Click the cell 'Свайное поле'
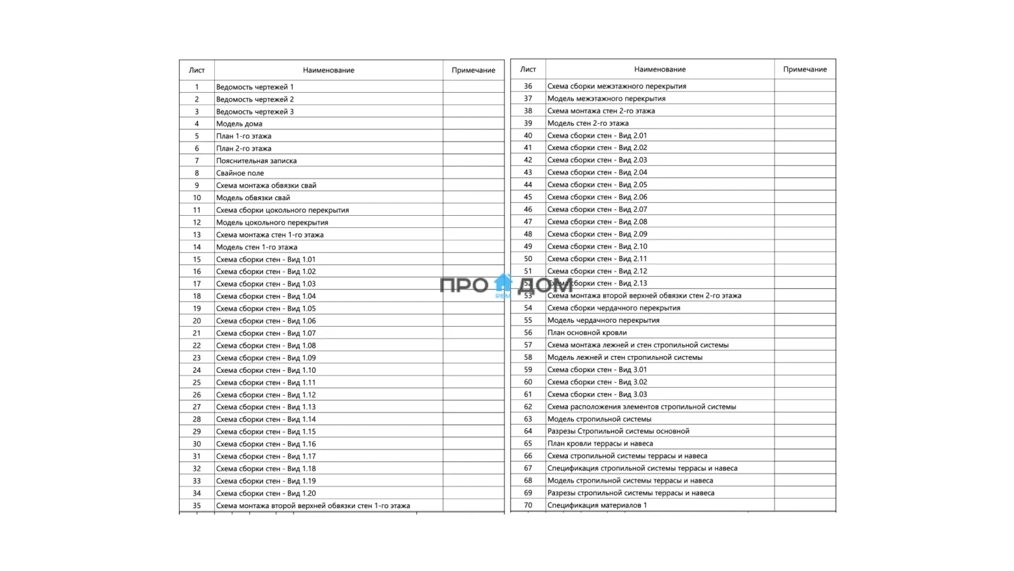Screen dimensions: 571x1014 point(240,173)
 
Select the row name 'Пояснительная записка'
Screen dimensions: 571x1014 point(256,161)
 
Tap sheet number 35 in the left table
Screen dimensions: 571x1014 point(197,505)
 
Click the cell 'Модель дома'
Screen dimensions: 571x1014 point(239,124)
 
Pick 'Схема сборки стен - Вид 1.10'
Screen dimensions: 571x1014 point(266,370)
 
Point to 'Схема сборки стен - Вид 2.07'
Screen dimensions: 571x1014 point(597,210)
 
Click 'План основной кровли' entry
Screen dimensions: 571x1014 point(587,333)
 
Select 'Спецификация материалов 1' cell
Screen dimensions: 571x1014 point(597,505)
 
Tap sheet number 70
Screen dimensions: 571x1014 point(528,505)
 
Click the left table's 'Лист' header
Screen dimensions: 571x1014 point(197,70)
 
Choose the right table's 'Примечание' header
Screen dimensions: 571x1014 point(804,70)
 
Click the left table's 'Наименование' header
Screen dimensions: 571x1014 point(329,70)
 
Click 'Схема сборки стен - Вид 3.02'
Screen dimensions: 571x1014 point(597,382)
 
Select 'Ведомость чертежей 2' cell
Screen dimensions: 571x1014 point(255,99)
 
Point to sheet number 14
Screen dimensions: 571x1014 point(197,247)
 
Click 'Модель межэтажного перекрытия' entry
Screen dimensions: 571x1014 point(606,99)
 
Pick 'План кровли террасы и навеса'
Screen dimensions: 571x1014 point(600,444)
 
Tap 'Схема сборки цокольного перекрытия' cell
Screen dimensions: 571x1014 point(283,210)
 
